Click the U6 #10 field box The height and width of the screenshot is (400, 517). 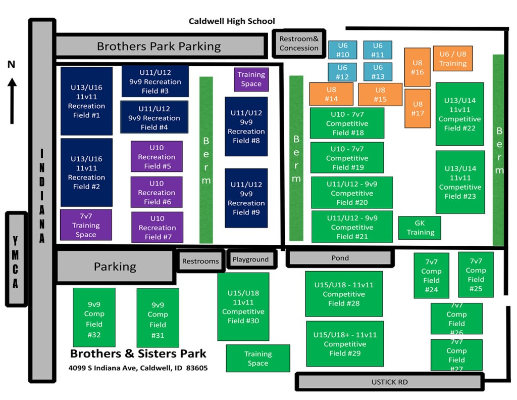[x=343, y=50]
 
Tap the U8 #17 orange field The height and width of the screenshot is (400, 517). [x=418, y=109]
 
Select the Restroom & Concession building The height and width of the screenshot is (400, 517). [x=299, y=43]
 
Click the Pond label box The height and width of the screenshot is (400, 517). [x=340, y=258]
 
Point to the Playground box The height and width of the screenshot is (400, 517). [x=251, y=259]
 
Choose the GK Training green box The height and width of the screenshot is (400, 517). [x=420, y=228]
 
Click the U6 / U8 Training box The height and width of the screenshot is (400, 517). [x=453, y=59]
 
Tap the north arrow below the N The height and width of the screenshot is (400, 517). [x=12, y=101]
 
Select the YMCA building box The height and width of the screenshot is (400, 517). [x=16, y=259]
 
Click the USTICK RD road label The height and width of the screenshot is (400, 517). [x=389, y=382]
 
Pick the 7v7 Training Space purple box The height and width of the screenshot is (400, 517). [x=86, y=225]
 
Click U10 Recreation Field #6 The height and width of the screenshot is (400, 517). [x=157, y=192]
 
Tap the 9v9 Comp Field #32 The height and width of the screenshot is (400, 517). [x=94, y=318]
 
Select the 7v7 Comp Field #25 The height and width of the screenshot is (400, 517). [x=476, y=275]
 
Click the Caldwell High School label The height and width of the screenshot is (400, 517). [x=232, y=21]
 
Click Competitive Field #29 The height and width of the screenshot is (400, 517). [x=345, y=344]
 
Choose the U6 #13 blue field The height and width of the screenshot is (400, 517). [x=378, y=72]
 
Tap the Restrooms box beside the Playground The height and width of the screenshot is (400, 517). [x=200, y=261]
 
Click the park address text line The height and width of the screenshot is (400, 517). [x=138, y=368]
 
